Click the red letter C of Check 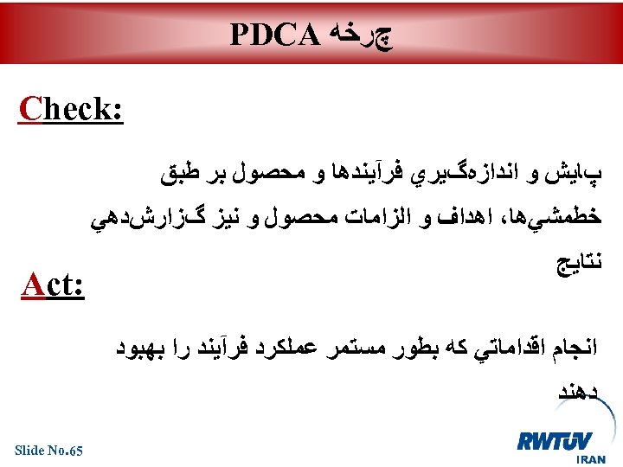click(x=30, y=112)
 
